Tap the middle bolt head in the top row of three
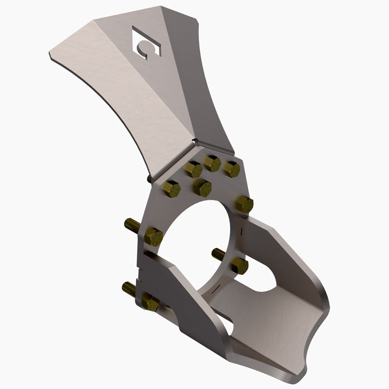(212, 163)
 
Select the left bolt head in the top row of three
(194, 170)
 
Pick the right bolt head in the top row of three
(231, 169)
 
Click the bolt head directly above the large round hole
(202, 187)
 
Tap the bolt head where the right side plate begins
(244, 204)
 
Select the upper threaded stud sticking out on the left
(132, 225)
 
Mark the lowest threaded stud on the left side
(129, 289)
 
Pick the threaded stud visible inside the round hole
(219, 253)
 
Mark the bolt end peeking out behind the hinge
(149, 179)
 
